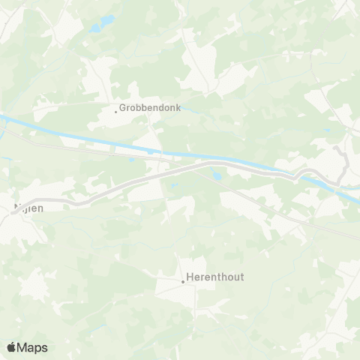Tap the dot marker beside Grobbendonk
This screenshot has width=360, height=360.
click(115, 111)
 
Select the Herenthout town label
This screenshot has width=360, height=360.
click(216, 277)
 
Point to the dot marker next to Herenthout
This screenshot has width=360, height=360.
click(182, 282)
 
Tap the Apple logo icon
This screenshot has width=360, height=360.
click(11, 347)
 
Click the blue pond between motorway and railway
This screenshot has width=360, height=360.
click(216, 176)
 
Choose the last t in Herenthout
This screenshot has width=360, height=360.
click(241, 277)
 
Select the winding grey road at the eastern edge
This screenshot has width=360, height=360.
click(343, 161)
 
